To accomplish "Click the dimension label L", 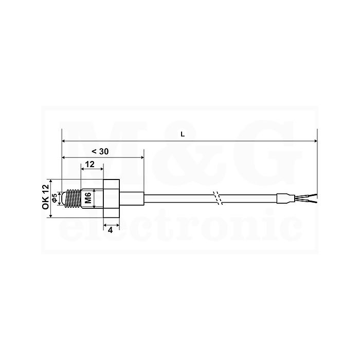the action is (x=183, y=134).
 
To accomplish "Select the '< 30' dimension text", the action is (x=100, y=152).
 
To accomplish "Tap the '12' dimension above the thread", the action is (x=90, y=165).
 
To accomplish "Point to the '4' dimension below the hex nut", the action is (x=111, y=230).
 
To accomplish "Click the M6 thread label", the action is (x=88, y=197).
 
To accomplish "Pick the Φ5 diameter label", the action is (x=55, y=198).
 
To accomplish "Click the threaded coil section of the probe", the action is (x=73, y=198).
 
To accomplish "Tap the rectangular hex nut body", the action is (x=112, y=198).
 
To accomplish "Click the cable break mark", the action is (x=217, y=198).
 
